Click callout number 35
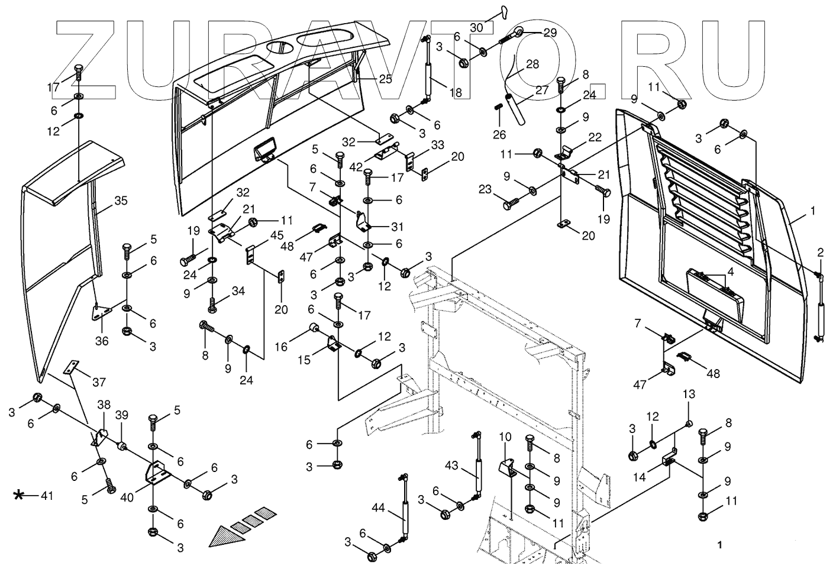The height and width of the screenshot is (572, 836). pos(121,201)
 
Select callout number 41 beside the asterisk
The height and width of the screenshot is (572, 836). pos(47,496)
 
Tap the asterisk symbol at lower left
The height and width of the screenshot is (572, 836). pos(20,495)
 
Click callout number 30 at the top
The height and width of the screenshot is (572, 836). pos(477,27)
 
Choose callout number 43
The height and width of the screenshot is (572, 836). pos(451,466)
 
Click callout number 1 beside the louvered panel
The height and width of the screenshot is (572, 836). pos(813,211)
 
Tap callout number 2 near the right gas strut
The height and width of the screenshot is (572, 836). pos(821,253)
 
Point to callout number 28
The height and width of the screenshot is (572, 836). pos(532,64)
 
